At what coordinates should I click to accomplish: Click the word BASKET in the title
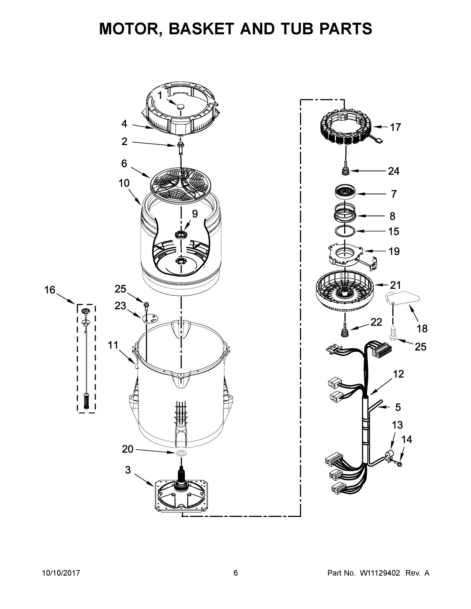point(201,29)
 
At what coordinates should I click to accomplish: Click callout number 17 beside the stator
point(395,127)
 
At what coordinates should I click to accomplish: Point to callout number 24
point(393,171)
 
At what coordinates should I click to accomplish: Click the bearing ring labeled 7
point(345,192)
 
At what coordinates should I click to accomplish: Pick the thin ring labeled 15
point(345,231)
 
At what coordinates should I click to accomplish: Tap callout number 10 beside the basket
point(124,183)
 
